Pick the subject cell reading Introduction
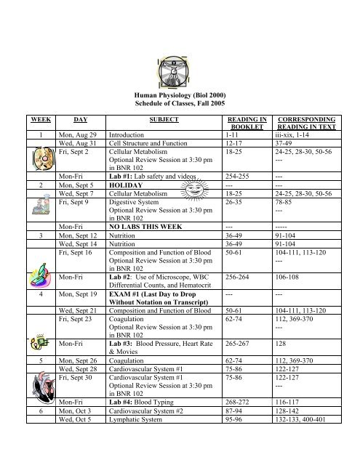[128, 155]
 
